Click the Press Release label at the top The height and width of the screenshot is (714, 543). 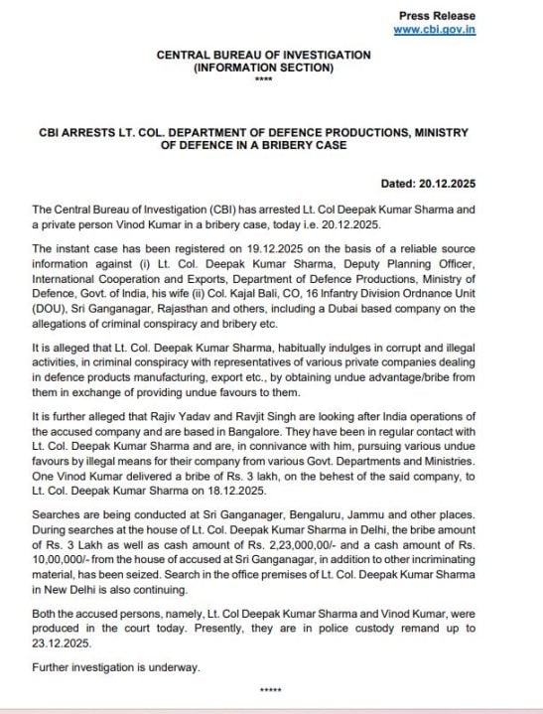[437, 16]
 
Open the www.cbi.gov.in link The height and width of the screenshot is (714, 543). [435, 30]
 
